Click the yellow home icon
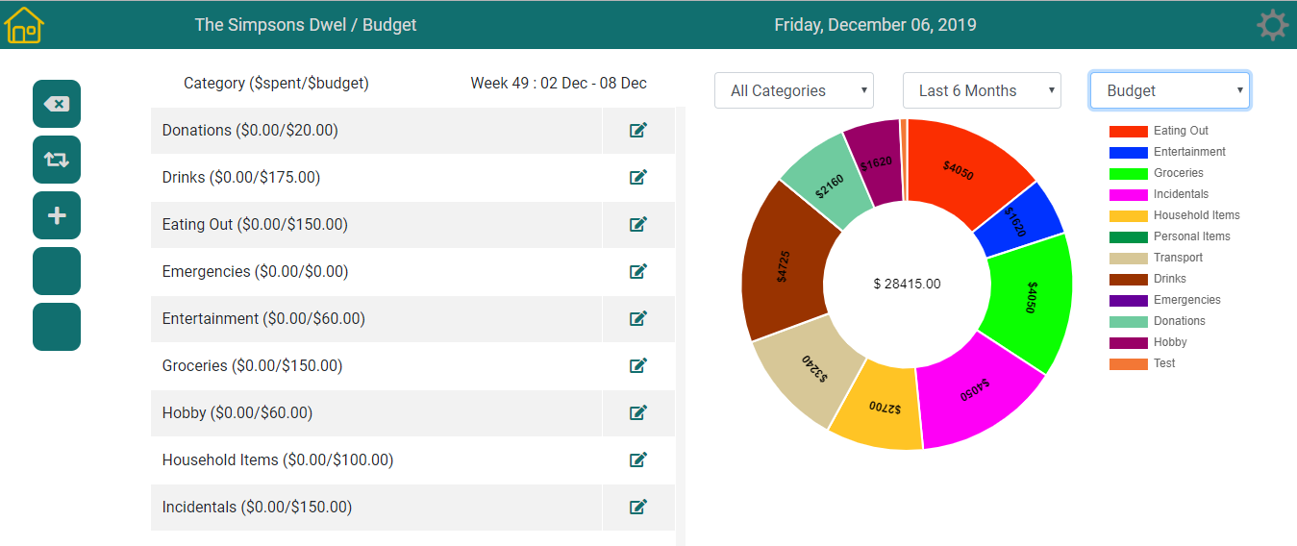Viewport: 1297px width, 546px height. coord(24,25)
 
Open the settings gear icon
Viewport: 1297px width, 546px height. coord(1272,25)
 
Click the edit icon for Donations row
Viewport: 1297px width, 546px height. coord(638,130)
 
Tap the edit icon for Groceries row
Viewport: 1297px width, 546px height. coord(638,365)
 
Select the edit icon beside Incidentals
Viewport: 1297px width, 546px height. coord(638,507)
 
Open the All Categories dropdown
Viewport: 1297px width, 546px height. coord(793,90)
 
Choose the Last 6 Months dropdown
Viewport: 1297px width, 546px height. coord(982,90)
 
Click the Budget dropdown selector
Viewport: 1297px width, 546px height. coord(1170,90)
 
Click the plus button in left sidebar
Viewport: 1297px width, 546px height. coord(57,215)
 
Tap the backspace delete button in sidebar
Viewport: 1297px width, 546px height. coord(57,104)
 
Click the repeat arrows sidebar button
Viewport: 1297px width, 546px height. coord(57,160)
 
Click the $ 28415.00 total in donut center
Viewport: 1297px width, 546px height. coord(907,284)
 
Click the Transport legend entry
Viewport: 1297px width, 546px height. coord(1178,258)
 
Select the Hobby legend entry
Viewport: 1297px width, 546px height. coord(1170,342)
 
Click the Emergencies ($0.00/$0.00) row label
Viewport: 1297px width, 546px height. coord(255,272)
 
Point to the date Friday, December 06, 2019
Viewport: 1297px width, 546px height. coord(875,25)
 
